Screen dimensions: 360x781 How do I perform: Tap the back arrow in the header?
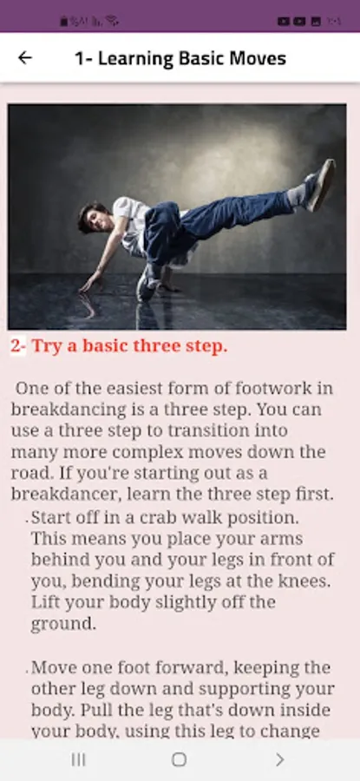pyautogui.click(x=25, y=58)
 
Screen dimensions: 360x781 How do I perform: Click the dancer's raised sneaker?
pyautogui.click(x=320, y=185)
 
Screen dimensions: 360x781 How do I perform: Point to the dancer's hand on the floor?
pyautogui.click(x=89, y=283)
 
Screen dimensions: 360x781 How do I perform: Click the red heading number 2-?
pyautogui.click(x=18, y=346)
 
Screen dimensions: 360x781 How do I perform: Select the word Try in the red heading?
pyautogui.click(x=47, y=346)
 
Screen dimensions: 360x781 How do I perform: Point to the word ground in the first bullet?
pyautogui.click(x=62, y=624)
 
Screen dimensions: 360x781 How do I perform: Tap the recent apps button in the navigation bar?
pyautogui.click(x=78, y=759)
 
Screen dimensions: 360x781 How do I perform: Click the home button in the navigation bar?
pyautogui.click(x=180, y=759)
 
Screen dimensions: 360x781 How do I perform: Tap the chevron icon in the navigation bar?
pyautogui.click(x=280, y=759)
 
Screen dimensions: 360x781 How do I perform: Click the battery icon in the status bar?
pyautogui.click(x=63, y=22)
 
